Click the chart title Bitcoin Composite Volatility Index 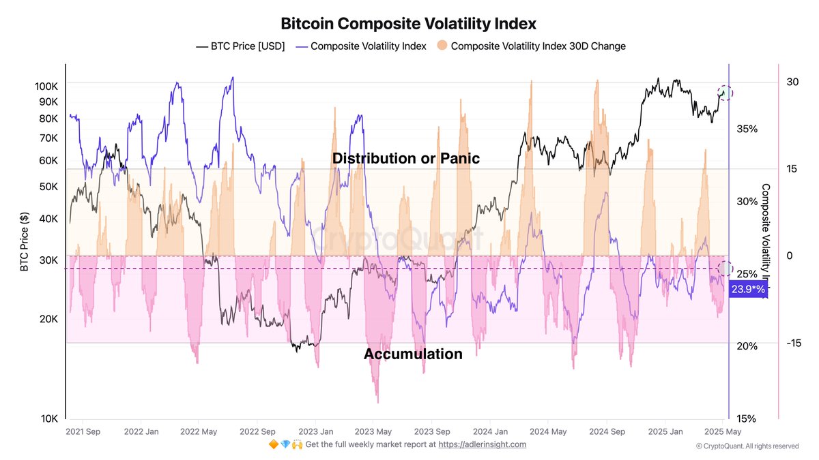[409, 23]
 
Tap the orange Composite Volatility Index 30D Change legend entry [531, 46]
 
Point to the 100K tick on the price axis [46, 87]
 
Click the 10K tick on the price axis [49, 419]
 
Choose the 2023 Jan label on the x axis [317, 431]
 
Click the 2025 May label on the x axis [723, 431]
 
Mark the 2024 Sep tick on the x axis [607, 431]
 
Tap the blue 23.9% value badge [748, 290]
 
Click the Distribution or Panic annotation [406, 159]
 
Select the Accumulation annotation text [413, 354]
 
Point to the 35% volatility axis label [747, 129]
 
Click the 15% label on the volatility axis [747, 418]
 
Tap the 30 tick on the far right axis [792, 82]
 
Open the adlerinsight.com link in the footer [482, 444]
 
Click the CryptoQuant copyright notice [747, 446]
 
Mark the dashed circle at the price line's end [725, 93]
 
